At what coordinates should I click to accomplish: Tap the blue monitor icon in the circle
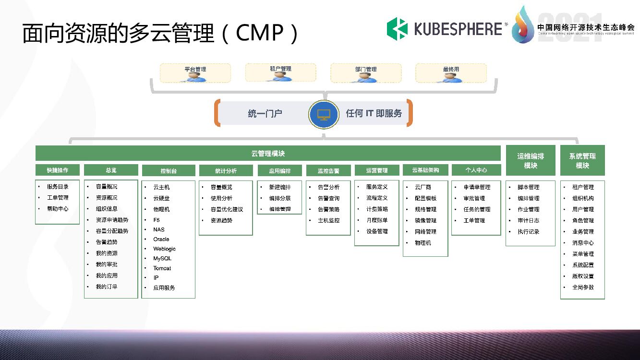click(x=324, y=114)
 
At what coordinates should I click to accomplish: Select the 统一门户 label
click(x=265, y=114)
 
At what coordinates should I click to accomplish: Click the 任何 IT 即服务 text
click(x=374, y=114)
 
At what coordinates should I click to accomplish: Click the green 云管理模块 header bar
click(x=268, y=154)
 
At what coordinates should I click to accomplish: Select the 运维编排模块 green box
click(x=530, y=160)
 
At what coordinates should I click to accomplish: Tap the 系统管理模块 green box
click(x=582, y=160)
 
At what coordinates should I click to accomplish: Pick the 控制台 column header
click(x=169, y=170)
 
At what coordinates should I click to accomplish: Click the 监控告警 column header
click(x=328, y=170)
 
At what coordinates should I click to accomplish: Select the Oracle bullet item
click(x=161, y=239)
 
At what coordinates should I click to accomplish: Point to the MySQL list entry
click(x=162, y=258)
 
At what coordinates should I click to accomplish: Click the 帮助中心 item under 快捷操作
click(x=58, y=209)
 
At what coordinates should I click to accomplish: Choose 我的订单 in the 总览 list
click(x=107, y=287)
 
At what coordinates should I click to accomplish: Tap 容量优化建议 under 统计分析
click(x=227, y=209)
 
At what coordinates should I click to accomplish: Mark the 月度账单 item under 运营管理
click(x=377, y=220)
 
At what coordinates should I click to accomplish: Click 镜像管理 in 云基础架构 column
click(x=425, y=220)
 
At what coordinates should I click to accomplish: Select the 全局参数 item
click(x=583, y=287)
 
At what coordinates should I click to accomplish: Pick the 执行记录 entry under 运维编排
click(x=528, y=231)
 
